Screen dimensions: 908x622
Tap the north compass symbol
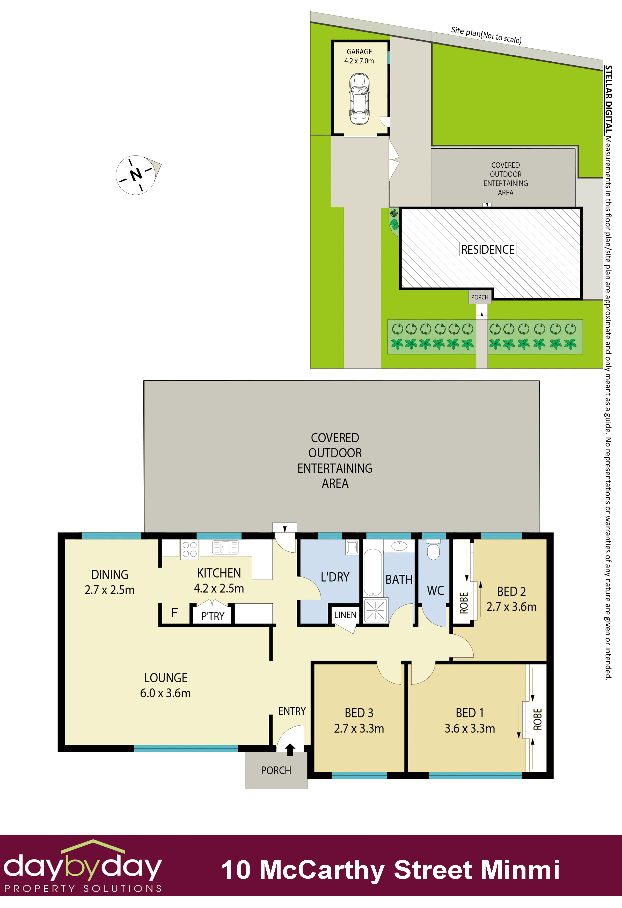pyautogui.click(x=136, y=175)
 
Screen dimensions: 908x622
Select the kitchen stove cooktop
pyautogui.click(x=189, y=549)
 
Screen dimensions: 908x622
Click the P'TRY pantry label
pyautogui.click(x=213, y=616)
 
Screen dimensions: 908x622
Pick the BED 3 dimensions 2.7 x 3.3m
pyautogui.click(x=359, y=729)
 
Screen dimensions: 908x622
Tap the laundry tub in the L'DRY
pyautogui.click(x=352, y=547)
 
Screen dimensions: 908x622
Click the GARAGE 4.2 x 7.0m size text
pyautogui.click(x=359, y=61)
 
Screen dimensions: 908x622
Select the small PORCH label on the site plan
pyautogui.click(x=480, y=297)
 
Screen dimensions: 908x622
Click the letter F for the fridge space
pyautogui.click(x=174, y=612)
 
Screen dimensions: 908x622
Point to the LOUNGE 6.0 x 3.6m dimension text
pyautogui.click(x=165, y=693)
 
